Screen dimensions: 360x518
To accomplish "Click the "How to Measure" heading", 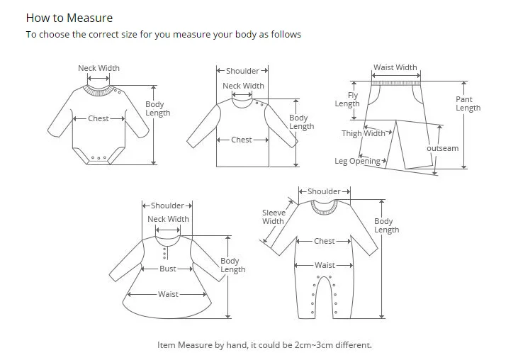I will (x=69, y=18).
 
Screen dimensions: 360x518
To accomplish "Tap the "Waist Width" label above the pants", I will (x=395, y=68).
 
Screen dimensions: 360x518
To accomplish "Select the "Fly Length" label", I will (x=349, y=99).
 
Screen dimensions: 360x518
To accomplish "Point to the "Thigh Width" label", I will (x=364, y=133).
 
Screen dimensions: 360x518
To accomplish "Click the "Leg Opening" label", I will (x=358, y=161).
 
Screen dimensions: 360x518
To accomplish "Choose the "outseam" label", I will (x=442, y=149).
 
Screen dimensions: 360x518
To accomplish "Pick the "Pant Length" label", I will (x=468, y=103).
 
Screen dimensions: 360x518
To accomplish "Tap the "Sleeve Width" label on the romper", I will (x=273, y=217).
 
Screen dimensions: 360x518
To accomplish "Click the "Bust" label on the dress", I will (x=168, y=269).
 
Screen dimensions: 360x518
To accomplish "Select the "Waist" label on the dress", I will (x=168, y=294).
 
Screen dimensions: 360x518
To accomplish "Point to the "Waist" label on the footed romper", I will (x=325, y=265).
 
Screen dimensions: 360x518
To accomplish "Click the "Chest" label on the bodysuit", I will (x=98, y=118).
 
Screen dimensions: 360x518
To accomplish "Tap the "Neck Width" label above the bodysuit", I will (x=98, y=69).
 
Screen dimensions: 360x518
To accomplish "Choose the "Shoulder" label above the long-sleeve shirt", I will (x=242, y=71).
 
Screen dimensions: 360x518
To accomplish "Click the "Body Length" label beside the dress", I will (x=232, y=265).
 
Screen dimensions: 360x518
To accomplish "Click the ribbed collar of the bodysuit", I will (x=99, y=90).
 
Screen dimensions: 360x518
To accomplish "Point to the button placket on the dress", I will (x=165, y=253).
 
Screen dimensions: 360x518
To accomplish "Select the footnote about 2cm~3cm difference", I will (x=264, y=345).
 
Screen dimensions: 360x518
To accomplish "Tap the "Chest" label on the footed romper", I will (x=325, y=241).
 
